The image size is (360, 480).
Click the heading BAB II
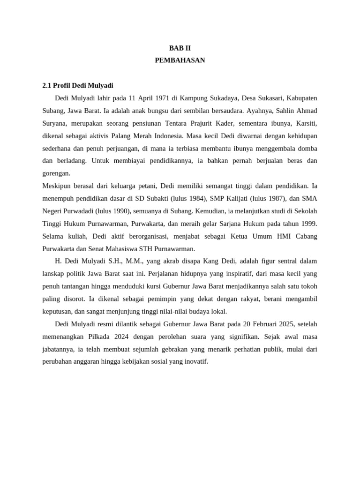[x=180, y=48]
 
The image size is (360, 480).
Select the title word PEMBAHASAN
[x=180, y=60]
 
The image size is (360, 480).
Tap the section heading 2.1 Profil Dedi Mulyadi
[x=78, y=86]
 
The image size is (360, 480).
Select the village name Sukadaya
[x=225, y=98]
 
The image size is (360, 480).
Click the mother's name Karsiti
[x=305, y=124]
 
